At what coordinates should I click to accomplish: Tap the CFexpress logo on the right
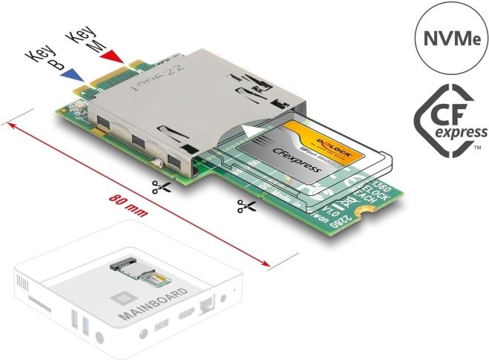[x=450, y=122]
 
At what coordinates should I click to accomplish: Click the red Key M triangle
[x=111, y=57]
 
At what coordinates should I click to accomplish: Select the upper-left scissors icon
[x=160, y=187]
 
